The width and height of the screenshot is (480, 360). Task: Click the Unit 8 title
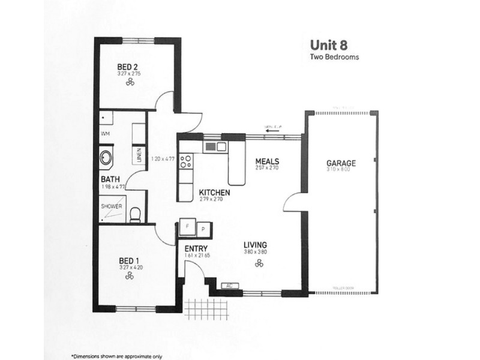[x=329, y=45]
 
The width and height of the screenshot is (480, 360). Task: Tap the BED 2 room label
[x=128, y=66]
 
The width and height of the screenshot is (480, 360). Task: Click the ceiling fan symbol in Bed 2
[x=129, y=83]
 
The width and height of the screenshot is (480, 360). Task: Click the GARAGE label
[x=341, y=163]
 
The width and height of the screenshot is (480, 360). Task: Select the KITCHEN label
[x=215, y=192]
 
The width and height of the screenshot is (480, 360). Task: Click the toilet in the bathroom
[x=136, y=213]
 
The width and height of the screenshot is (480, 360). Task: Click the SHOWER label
[x=112, y=206]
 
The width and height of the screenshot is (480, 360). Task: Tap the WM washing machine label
[x=106, y=133]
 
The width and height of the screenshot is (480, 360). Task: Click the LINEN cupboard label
[x=139, y=156]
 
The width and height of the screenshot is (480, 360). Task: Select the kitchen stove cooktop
[x=186, y=161]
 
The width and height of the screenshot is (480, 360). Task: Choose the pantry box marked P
[x=203, y=229]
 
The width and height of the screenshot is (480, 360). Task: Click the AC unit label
[x=229, y=287]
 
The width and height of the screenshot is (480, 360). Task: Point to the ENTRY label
[x=196, y=248]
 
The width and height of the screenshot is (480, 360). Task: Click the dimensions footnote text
[x=116, y=355]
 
